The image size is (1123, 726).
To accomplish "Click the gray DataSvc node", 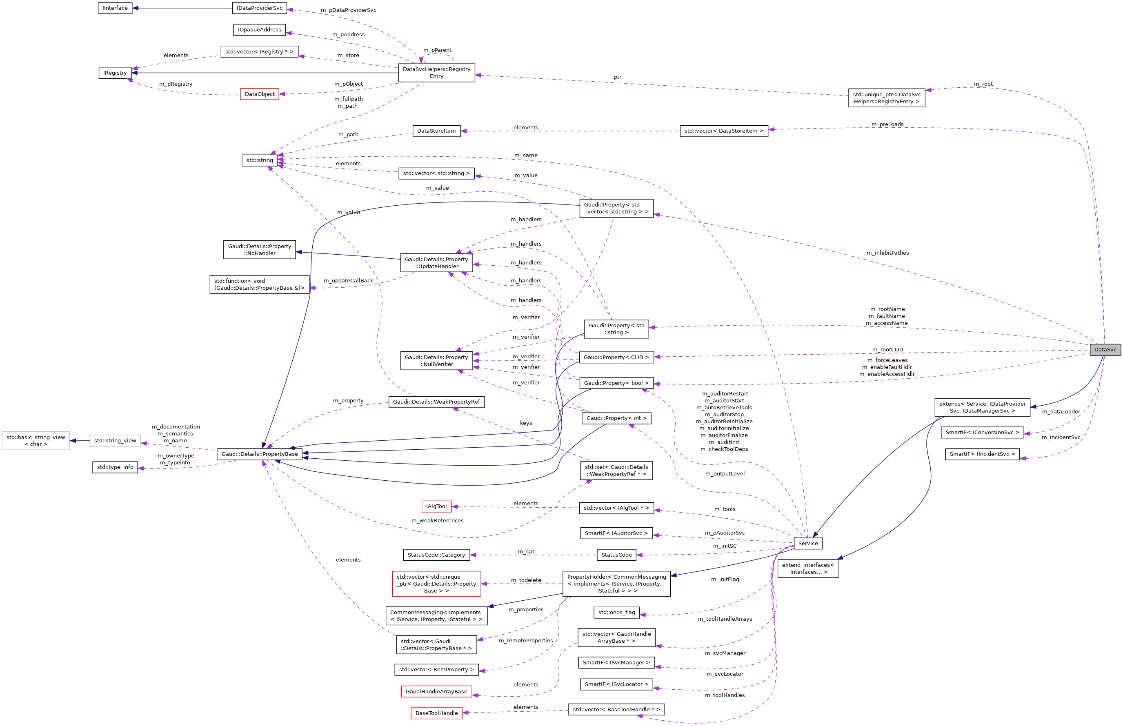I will tap(1105, 349).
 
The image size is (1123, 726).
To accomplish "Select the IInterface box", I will tap(115, 8).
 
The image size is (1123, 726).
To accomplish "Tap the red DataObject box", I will tap(259, 94).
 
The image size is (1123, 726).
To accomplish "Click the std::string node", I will tap(259, 160).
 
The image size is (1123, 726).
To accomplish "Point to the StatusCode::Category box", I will tap(436, 555).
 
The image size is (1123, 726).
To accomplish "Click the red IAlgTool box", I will tap(436, 506).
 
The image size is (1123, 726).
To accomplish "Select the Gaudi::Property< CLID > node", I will tap(616, 357).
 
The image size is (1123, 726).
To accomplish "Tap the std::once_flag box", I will tap(616, 613).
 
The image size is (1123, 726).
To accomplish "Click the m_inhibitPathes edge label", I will tap(887, 253).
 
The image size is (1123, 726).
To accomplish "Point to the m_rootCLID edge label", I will tap(887, 350).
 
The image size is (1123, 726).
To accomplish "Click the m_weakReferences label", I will tap(437, 520).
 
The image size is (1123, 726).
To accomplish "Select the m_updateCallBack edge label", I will tap(348, 280).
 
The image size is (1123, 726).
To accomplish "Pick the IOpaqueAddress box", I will tap(259, 30).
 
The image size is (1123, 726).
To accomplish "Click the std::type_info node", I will tap(115, 467).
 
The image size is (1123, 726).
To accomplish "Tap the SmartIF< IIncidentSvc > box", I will tap(982, 454).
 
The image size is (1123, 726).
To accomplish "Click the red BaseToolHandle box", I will tap(436, 713).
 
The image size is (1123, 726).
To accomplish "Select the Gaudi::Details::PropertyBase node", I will tap(259, 454).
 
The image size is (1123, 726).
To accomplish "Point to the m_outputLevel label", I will tap(725, 474).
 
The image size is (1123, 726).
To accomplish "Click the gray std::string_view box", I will tap(115, 441).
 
